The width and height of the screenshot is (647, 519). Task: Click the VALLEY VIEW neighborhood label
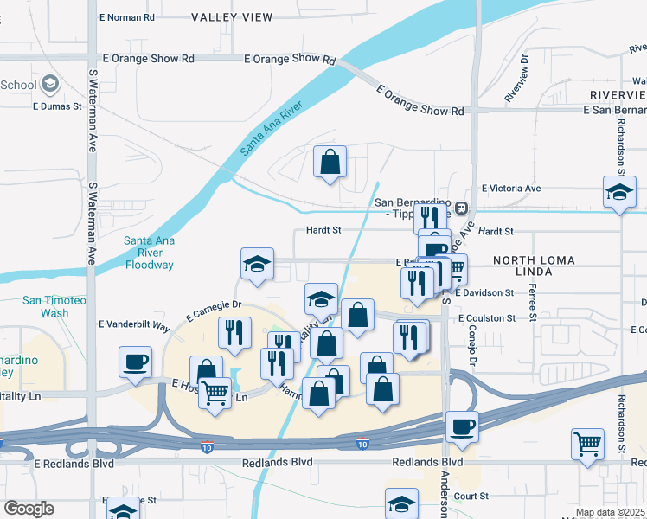[x=232, y=17]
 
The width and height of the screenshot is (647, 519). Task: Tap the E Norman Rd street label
[x=127, y=17]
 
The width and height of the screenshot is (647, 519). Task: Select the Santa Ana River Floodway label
[x=149, y=253]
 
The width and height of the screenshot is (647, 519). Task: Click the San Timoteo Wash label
[x=57, y=306]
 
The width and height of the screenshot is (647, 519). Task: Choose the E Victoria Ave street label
[x=511, y=188]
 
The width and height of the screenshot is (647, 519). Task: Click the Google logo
[x=29, y=509]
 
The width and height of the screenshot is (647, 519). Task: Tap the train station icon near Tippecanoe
[x=462, y=208]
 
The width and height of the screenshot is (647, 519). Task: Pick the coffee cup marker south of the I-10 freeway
[x=462, y=427]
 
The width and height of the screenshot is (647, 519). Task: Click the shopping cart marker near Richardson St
[x=588, y=444]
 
